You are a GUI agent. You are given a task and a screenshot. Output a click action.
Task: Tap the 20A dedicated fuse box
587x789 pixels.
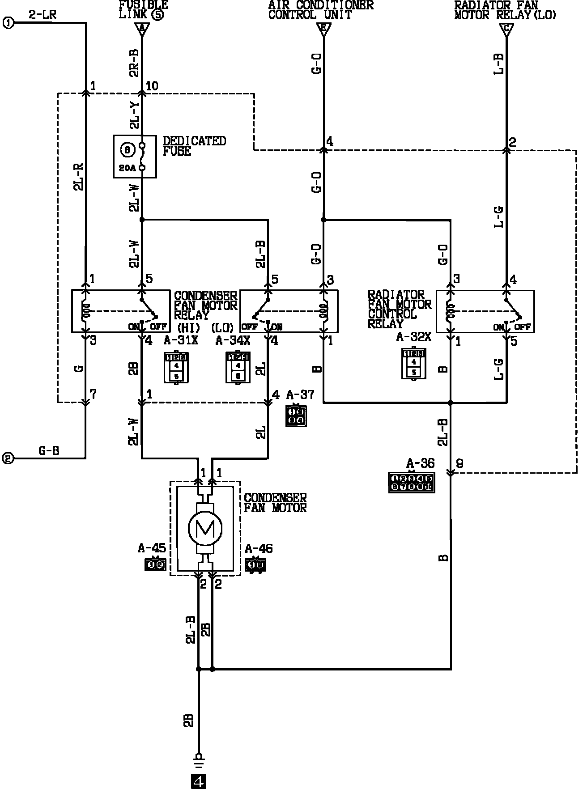[x=135, y=157]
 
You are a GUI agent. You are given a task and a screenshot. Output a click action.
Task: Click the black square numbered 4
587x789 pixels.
[x=199, y=781]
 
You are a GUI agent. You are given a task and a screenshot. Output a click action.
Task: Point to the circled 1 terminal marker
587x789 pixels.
[x=9, y=23]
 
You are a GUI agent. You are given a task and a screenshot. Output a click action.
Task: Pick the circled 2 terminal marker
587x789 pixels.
[x=9, y=458]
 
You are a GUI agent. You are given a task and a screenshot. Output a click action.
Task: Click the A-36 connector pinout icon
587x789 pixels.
[x=411, y=483]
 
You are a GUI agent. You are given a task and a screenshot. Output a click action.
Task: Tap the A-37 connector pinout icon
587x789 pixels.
[x=296, y=416]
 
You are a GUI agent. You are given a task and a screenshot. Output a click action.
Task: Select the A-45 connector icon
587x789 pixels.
[x=155, y=564]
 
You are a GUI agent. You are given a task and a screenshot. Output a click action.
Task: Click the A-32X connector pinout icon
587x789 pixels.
[x=414, y=363]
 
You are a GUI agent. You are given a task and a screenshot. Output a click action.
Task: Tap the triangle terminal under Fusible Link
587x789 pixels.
[x=142, y=30]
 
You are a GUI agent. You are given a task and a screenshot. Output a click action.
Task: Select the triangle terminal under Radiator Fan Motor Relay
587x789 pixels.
[x=506, y=30]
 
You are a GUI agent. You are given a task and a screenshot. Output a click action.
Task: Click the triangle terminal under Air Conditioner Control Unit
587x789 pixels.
[x=323, y=30]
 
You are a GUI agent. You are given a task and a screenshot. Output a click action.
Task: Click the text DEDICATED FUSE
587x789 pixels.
[x=195, y=146]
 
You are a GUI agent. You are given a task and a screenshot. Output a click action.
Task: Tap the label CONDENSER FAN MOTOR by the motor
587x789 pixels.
[x=275, y=503]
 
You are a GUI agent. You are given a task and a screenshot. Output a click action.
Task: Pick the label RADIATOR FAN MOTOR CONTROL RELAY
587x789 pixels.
[x=399, y=309]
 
